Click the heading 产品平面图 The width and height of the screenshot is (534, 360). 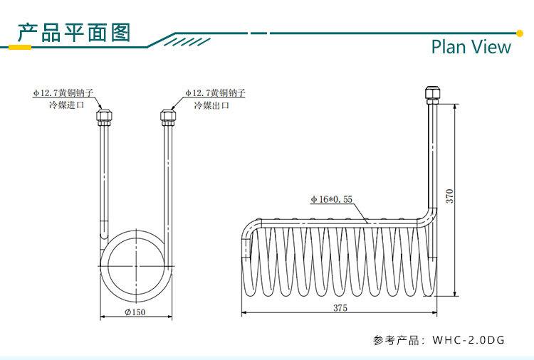74,33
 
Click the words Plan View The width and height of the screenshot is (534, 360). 471,47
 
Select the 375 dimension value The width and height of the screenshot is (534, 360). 340,308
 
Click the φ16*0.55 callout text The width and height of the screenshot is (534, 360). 331,200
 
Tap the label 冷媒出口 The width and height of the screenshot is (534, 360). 211,105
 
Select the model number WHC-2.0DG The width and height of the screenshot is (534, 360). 468,340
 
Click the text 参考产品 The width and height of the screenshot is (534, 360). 397,340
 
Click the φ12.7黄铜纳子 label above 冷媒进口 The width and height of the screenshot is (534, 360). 63,93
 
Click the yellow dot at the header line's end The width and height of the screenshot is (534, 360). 519,32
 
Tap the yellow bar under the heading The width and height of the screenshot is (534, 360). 19,48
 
